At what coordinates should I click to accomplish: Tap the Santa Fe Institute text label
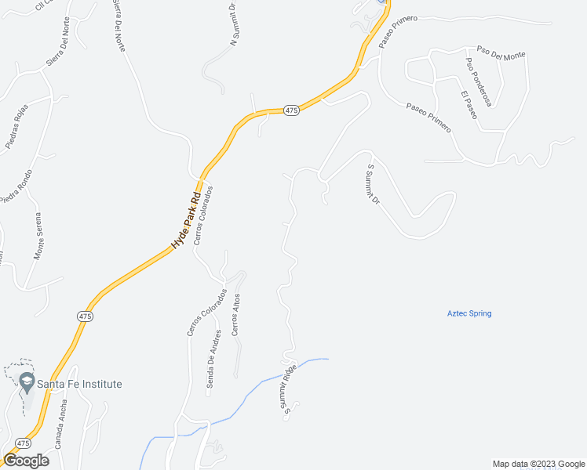82,384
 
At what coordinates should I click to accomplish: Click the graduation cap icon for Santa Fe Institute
27,383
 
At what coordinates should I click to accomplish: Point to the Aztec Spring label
469,313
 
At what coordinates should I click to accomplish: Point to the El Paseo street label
469,106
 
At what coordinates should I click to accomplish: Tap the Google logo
26,461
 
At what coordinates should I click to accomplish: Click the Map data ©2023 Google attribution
538,464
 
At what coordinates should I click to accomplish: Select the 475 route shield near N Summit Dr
291,111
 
